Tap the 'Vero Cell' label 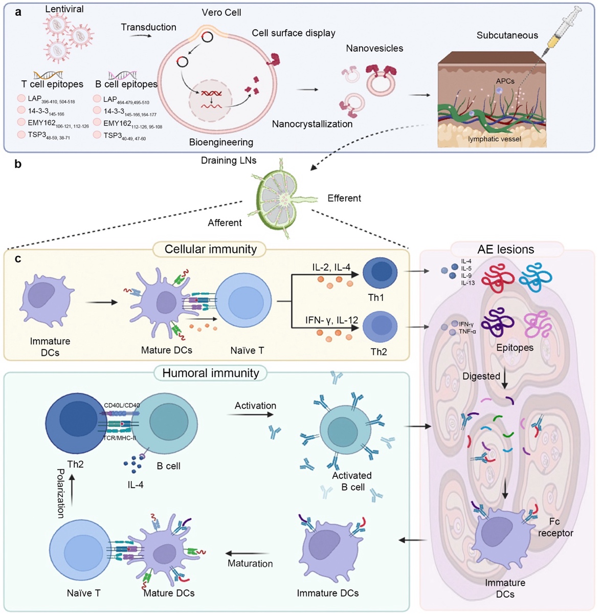point(221,12)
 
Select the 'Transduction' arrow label point(148,27)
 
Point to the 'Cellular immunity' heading point(211,249)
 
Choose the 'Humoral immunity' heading point(211,373)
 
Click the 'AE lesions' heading point(505,249)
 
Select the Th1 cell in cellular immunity point(380,273)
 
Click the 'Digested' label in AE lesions point(481,376)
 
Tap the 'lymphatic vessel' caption point(494,139)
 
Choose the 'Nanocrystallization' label point(312,124)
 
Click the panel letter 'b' point(18,165)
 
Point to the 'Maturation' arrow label point(250,563)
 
